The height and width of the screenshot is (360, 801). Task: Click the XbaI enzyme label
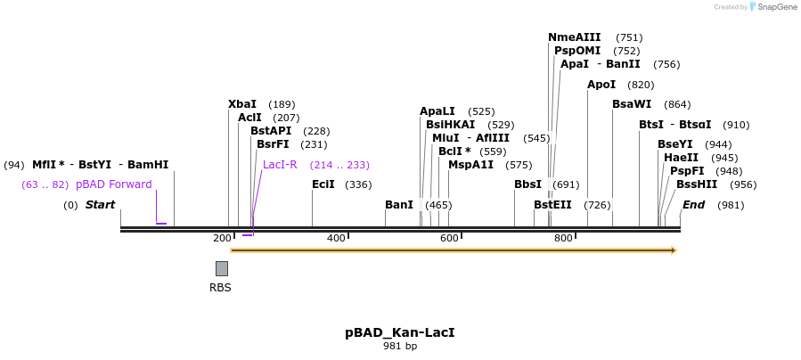(242, 104)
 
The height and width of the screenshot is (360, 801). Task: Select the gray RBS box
(221, 268)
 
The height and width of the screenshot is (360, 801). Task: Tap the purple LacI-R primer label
(280, 165)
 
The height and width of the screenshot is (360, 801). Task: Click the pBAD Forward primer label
(114, 184)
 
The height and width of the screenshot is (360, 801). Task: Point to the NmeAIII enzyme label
(575, 37)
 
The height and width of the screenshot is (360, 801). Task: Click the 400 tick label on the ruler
(336, 238)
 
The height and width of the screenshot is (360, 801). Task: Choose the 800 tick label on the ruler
(563, 238)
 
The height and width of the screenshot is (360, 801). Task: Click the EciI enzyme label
(323, 184)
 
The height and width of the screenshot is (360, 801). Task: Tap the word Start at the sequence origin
(100, 205)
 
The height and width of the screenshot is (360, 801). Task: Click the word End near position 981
(693, 205)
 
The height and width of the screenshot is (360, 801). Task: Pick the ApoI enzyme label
(601, 85)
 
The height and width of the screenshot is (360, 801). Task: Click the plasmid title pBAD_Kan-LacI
(400, 332)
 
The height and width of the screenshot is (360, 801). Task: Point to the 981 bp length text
(400, 346)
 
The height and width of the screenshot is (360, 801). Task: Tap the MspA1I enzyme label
(470, 165)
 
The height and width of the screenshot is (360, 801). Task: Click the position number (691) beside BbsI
(566, 184)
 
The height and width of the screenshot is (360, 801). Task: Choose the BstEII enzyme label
(552, 205)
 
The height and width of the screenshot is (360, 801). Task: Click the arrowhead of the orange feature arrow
(674, 250)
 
